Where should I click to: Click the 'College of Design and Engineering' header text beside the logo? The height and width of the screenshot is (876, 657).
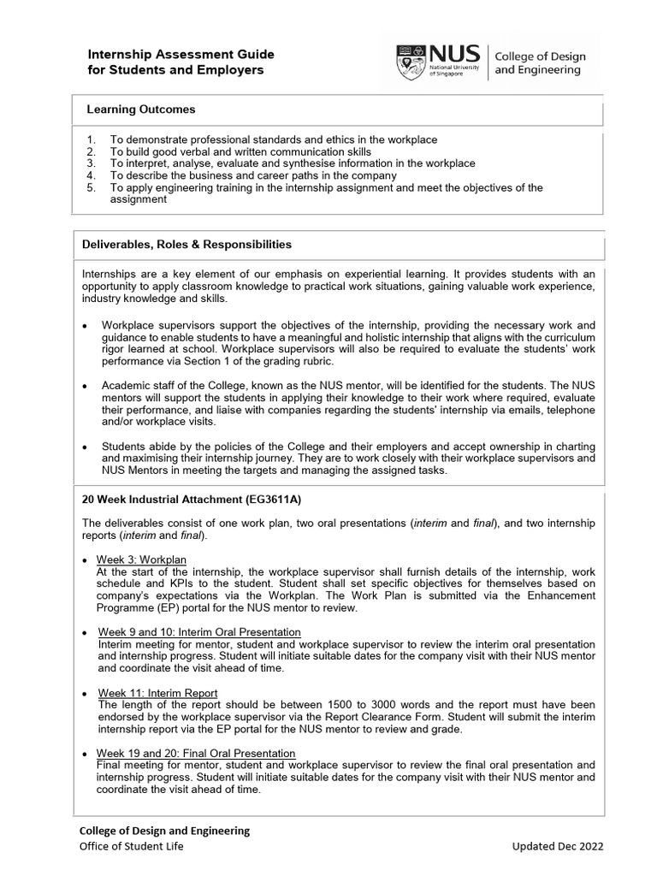coord(538,62)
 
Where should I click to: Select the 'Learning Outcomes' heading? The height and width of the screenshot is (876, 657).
coord(141,109)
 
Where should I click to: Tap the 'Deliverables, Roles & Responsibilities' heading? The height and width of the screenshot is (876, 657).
coord(186,245)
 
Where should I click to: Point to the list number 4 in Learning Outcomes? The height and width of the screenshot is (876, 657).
coord(91,175)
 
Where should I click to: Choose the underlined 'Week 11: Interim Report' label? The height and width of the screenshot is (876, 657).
coord(157,692)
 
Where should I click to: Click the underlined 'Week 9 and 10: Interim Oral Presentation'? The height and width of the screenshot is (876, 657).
coord(199,631)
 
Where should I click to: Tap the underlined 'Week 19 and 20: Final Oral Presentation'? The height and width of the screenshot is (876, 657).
coord(196,753)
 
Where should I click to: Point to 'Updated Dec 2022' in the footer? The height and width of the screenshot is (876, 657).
coord(557,847)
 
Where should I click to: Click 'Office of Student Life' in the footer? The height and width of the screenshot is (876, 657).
coord(131,847)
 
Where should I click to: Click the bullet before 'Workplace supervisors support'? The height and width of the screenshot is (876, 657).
coord(84,326)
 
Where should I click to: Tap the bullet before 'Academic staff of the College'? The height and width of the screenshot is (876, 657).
coord(84,386)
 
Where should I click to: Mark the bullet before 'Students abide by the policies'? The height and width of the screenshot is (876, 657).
coord(84,447)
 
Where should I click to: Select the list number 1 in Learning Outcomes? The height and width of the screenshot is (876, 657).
coord(91,139)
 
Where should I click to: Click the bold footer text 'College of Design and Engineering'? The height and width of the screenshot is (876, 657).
coord(164,831)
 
